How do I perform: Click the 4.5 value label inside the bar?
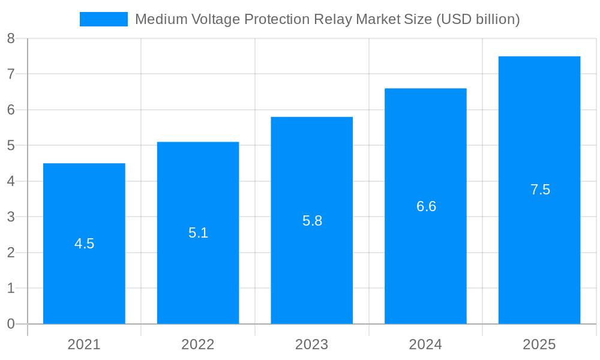point(84,244)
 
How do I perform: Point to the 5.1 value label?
point(198,233)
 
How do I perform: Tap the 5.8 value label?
point(312,221)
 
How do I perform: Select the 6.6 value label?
point(426,206)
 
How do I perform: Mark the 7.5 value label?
point(540,190)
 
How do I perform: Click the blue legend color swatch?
point(104,19)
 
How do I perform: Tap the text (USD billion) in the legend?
point(478,19)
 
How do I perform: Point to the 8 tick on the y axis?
point(11,39)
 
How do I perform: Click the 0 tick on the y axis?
point(11,324)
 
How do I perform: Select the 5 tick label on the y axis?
point(11,146)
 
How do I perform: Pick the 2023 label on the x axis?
point(311,344)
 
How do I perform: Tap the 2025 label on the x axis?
point(539,344)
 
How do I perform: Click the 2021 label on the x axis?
point(84,344)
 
